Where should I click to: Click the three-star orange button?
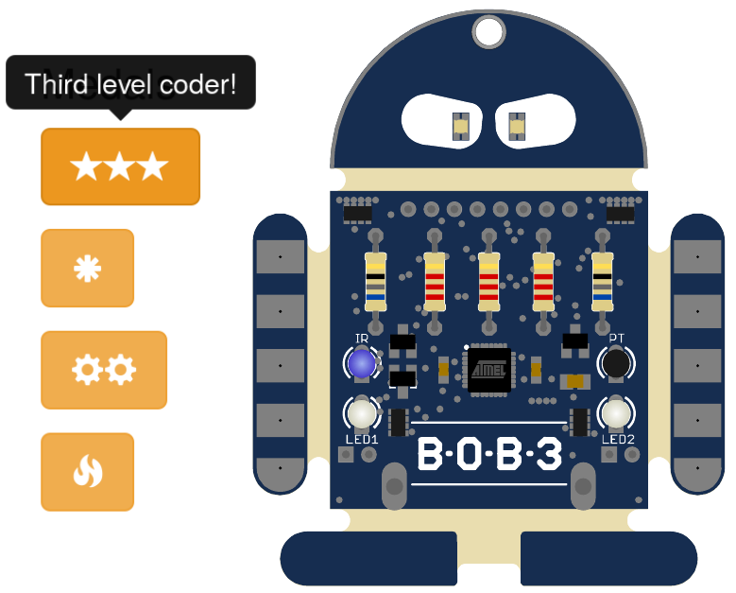click(x=120, y=166)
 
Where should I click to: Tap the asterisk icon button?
click(x=87, y=268)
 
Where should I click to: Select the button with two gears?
click(x=104, y=370)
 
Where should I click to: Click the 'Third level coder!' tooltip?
click(x=130, y=83)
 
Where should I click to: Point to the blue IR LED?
click(x=361, y=363)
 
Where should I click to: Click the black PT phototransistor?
click(x=616, y=363)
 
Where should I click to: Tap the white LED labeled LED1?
click(x=361, y=412)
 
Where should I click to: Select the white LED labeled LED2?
click(x=616, y=412)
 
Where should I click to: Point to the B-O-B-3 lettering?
click(x=488, y=455)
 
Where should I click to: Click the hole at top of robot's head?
click(x=488, y=33)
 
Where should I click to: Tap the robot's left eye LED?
click(x=461, y=126)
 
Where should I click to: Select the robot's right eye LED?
click(x=516, y=126)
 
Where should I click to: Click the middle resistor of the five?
click(x=488, y=281)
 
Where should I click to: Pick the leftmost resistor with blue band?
click(x=375, y=281)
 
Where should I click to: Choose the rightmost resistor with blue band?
click(x=602, y=281)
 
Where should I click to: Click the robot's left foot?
click(x=368, y=558)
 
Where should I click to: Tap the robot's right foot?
click(x=608, y=558)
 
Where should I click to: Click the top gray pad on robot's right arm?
click(x=698, y=256)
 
